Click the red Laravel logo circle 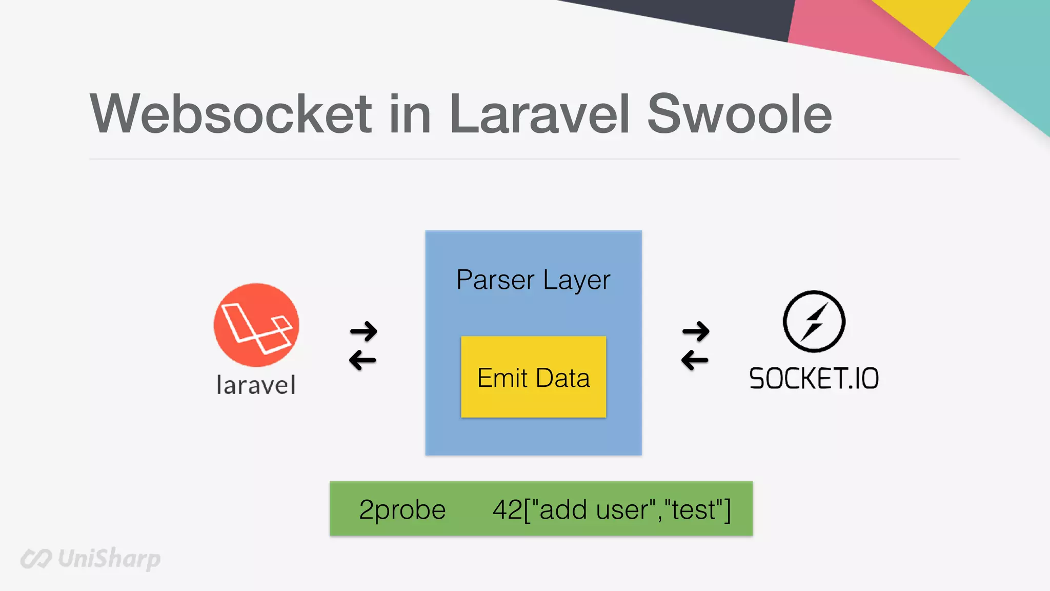coord(256,325)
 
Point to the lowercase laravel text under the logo coord(256,385)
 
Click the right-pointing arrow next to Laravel coord(364,331)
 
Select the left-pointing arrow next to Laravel coord(362,360)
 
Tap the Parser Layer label coord(533,280)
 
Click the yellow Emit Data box coord(533,377)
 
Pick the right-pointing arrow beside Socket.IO coord(696,331)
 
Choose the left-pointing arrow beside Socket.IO coord(695,360)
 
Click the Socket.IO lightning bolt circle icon coord(814,322)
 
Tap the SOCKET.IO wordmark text coord(814,379)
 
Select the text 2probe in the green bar coord(402,509)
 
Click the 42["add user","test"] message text coord(612,509)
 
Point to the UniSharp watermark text coord(109,559)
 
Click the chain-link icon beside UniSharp coord(36,559)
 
